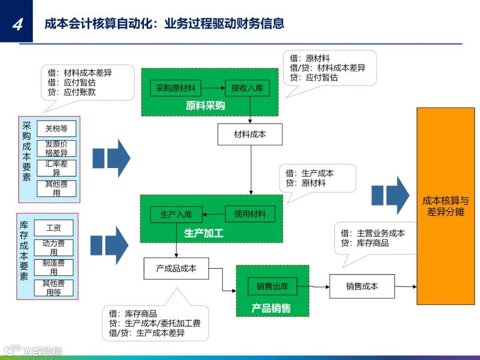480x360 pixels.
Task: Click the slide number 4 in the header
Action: pyautogui.click(x=17, y=24)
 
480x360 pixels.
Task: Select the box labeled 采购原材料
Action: pyautogui.click(x=176, y=88)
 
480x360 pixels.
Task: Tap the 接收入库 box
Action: pyautogui.click(x=247, y=88)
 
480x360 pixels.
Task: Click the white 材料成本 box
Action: pyautogui.click(x=250, y=134)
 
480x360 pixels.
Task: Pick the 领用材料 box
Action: pyautogui.click(x=250, y=214)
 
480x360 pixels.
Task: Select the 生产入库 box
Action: pyautogui.click(x=176, y=214)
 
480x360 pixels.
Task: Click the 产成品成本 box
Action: pyautogui.click(x=176, y=268)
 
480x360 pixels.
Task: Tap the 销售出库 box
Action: pyautogui.click(x=272, y=286)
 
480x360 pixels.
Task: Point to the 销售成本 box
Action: pyautogui.click(x=362, y=286)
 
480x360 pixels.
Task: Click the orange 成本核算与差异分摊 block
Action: pyautogui.click(x=445, y=206)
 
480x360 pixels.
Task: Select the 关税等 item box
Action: pyautogui.click(x=56, y=129)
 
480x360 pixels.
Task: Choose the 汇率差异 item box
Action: pyautogui.click(x=56, y=168)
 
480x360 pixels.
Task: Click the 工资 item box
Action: pyautogui.click(x=53, y=228)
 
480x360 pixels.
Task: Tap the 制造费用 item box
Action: pyautogui.click(x=53, y=267)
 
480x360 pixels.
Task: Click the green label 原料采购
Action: pyautogui.click(x=205, y=106)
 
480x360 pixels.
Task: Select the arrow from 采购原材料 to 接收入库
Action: pyautogui.click(x=213, y=88)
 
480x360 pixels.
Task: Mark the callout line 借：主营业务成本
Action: pyautogui.click(x=372, y=233)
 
